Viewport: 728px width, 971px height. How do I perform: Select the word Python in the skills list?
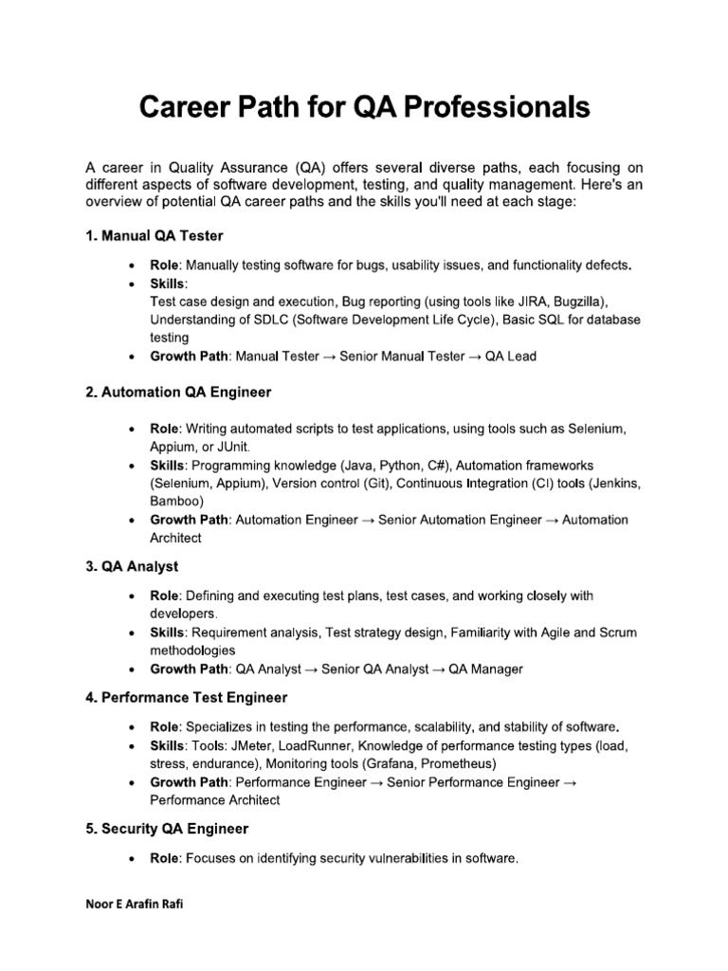click(x=392, y=466)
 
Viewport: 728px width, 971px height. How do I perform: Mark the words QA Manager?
click(x=485, y=669)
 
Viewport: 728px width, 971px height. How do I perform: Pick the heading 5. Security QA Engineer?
click(x=167, y=828)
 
